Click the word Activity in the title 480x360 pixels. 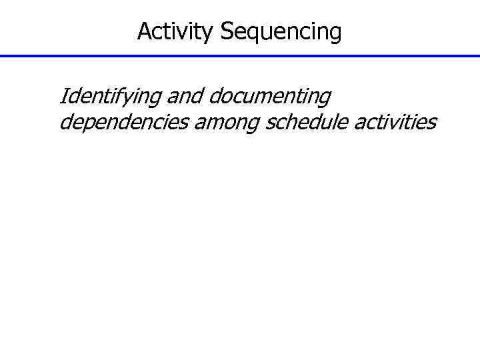point(176,31)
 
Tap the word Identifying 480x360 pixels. point(110,97)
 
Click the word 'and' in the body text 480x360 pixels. point(185,97)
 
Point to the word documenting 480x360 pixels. point(269,97)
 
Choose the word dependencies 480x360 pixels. point(124,123)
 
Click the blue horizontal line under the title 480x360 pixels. point(240,56)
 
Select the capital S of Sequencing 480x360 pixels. point(226,31)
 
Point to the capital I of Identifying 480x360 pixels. point(63,97)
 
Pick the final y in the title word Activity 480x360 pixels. point(209,33)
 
